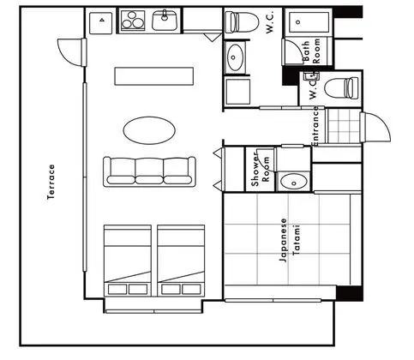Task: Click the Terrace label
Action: [51, 183]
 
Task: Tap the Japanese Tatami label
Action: [290, 240]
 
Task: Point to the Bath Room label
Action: [311, 51]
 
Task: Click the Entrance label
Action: [315, 126]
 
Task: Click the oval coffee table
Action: [149, 130]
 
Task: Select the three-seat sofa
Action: [149, 171]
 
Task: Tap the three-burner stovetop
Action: [132, 21]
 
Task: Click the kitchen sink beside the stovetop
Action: [165, 20]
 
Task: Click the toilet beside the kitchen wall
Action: [242, 22]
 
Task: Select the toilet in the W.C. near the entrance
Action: [342, 88]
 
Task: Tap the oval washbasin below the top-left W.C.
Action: [235, 57]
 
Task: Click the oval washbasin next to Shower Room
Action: [293, 182]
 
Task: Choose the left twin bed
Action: [128, 261]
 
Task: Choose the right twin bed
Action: [181, 261]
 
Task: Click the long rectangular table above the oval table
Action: [154, 76]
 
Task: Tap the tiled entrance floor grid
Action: [344, 126]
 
